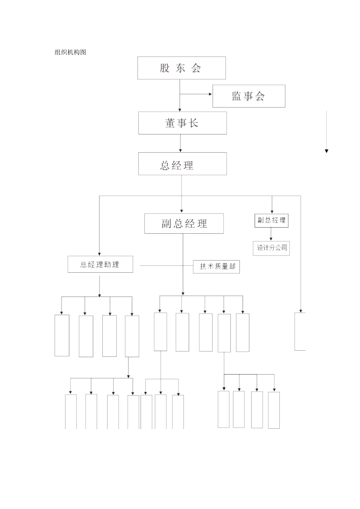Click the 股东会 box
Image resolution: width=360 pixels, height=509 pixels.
(x=182, y=68)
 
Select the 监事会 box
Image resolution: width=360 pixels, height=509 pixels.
(x=249, y=96)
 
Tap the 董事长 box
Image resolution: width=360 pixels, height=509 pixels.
(x=182, y=123)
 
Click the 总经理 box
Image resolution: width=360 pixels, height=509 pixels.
(x=182, y=164)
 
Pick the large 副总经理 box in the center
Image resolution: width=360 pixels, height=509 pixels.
(x=184, y=223)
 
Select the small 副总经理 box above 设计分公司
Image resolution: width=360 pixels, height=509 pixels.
(x=271, y=220)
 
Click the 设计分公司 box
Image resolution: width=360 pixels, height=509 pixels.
(x=271, y=248)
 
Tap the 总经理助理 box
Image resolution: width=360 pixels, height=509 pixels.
(x=100, y=264)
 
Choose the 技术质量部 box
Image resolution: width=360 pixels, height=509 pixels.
(x=216, y=267)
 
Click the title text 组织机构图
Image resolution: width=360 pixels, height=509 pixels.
(x=70, y=52)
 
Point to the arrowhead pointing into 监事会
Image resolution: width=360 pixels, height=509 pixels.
(x=210, y=94)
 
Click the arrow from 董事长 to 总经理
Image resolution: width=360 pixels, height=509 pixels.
(x=180, y=144)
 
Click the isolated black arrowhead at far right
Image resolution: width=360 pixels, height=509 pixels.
(x=326, y=151)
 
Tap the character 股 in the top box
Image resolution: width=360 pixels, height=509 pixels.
(x=164, y=68)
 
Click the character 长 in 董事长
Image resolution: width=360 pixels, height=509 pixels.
(x=194, y=123)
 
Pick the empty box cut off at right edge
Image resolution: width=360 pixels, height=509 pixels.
(x=300, y=331)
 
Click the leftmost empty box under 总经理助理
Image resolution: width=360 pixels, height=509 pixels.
(x=62, y=335)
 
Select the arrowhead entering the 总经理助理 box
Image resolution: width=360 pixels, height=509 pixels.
(x=99, y=254)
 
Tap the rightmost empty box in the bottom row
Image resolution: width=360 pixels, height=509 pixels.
(x=274, y=410)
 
